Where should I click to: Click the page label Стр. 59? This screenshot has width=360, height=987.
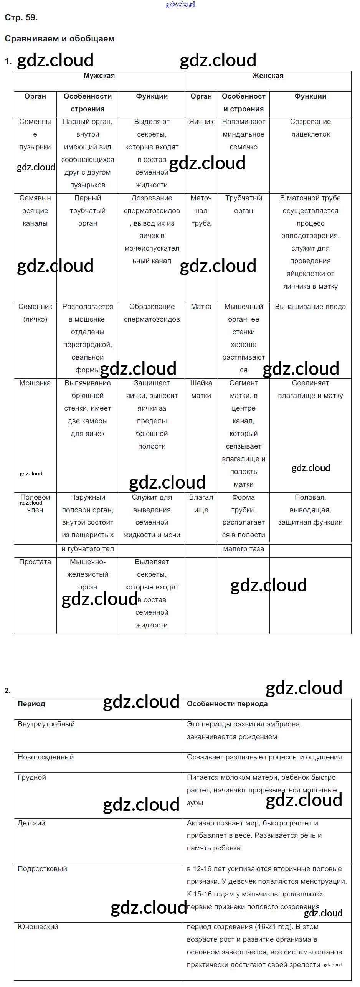(21, 18)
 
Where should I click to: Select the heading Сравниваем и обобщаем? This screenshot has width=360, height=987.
(59, 39)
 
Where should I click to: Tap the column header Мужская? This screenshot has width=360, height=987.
(99, 76)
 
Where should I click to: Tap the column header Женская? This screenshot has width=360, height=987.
(268, 76)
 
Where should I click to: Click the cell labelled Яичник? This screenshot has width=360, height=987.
(201, 122)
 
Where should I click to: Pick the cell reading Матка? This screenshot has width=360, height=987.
(201, 307)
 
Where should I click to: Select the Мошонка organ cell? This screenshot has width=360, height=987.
(35, 383)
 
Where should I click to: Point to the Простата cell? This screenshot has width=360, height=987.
(35, 562)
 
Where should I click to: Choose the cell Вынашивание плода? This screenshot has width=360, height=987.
(310, 307)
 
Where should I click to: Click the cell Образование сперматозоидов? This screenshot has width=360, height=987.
(152, 313)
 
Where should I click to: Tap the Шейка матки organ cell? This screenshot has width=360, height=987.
(201, 389)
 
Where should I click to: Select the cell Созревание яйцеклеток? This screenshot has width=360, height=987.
(310, 128)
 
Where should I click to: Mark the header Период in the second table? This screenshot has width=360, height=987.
(31, 704)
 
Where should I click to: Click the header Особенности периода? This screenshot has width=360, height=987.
(227, 704)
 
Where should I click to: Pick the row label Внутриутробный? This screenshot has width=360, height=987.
(46, 724)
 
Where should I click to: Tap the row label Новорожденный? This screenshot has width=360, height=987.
(46, 757)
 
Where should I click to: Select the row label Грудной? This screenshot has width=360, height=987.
(32, 777)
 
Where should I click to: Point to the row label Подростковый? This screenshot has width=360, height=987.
(42, 869)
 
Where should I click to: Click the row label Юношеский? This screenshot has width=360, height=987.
(38, 927)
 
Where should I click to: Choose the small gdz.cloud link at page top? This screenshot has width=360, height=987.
(180, 4)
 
